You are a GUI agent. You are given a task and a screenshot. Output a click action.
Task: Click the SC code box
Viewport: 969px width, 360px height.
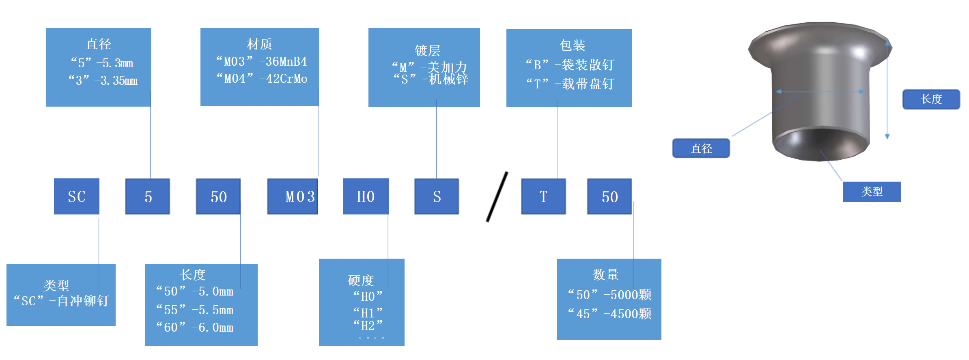tap(76, 197)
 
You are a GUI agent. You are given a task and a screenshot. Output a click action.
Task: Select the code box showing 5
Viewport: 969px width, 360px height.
tap(147, 197)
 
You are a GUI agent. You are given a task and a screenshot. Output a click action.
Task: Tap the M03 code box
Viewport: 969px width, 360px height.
tap(292, 197)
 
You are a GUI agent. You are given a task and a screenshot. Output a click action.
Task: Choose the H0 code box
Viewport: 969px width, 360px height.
tap(366, 197)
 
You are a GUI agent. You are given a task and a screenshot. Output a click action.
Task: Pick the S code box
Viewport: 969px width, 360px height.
tap(437, 197)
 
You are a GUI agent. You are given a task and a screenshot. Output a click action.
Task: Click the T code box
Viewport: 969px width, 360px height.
tap(543, 197)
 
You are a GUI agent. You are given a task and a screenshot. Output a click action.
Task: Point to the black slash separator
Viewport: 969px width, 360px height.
tap(497, 197)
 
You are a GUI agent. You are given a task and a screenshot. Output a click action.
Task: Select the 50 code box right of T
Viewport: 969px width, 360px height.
tap(609, 197)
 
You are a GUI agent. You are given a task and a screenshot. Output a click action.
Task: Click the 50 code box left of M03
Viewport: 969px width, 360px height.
tap(218, 197)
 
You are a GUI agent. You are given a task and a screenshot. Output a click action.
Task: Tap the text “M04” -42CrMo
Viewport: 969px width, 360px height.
tap(262, 78)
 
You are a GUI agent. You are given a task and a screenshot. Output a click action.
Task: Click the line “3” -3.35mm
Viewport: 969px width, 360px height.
tap(103, 80)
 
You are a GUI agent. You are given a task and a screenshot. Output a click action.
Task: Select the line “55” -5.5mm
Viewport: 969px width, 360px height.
tap(195, 310)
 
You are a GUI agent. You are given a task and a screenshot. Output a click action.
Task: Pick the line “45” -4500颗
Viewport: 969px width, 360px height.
tap(609, 313)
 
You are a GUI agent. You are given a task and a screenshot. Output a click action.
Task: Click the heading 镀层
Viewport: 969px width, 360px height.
tap(427, 50)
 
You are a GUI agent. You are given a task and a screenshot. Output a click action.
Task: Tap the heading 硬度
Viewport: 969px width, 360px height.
tap(361, 280)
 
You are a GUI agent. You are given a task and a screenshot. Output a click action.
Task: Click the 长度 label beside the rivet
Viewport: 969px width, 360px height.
tap(931, 99)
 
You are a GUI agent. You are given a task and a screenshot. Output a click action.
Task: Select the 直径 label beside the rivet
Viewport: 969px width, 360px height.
tap(701, 148)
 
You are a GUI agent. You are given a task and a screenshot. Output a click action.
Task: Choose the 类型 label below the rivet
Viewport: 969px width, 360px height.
tap(872, 191)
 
